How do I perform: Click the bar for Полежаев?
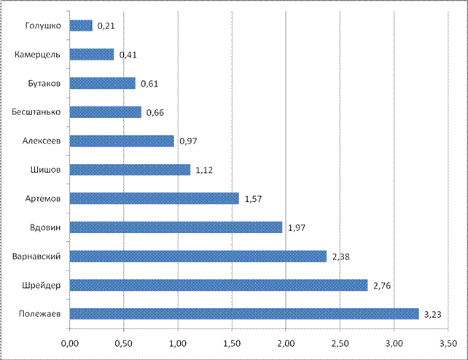coord(244,313)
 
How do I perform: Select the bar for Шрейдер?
coord(219,285)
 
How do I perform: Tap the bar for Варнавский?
coord(198,256)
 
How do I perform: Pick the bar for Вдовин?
coord(176,227)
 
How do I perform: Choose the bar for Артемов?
coord(155,198)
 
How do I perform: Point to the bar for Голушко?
coord(81,26)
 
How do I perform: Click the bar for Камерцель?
coord(92,54)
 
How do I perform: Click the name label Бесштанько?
coord(41,112)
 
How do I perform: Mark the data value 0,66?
coord(155,113)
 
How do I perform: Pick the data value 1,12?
coord(205,171)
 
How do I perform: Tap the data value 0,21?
coord(106,26)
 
